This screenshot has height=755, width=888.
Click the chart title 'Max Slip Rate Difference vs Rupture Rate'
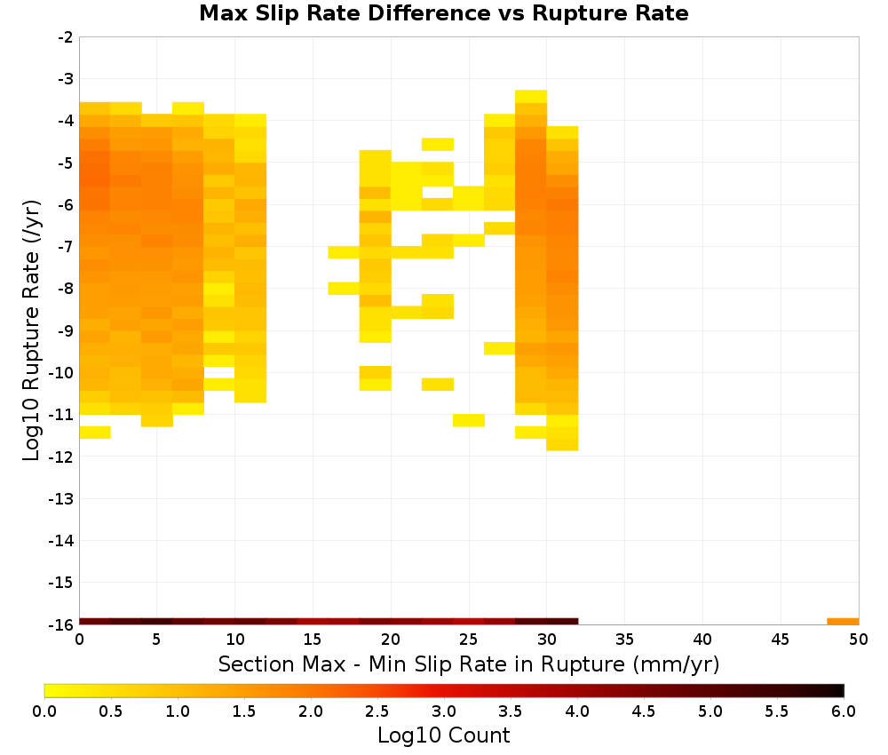tap(443, 13)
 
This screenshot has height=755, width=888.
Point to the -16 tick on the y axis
tap(61, 624)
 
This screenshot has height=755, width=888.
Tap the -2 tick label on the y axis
tap(65, 37)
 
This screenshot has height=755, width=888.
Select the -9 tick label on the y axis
tap(65, 330)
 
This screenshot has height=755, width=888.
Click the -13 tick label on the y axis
tap(61, 499)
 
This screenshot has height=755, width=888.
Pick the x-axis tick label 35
tap(624, 640)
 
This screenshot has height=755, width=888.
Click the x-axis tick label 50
tap(859, 640)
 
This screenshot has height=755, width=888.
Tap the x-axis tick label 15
tap(313, 640)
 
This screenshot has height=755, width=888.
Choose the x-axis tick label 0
tap(79, 640)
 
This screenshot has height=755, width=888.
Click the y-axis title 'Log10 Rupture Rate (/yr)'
tap(31, 330)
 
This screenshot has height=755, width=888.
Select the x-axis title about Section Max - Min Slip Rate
tap(468, 664)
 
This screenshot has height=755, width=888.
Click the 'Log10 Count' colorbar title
tap(443, 735)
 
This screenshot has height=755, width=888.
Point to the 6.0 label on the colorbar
tap(844, 711)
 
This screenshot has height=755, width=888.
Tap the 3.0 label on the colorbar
tap(443, 711)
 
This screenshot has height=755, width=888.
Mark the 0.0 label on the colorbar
tap(44, 711)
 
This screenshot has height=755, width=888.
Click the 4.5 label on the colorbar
tap(643, 711)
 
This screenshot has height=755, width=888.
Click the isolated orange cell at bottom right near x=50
tap(843, 622)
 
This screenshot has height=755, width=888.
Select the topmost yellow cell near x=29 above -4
tap(531, 96)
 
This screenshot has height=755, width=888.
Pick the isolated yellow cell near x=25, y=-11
tap(469, 420)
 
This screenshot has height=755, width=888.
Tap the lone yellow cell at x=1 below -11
tap(95, 433)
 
